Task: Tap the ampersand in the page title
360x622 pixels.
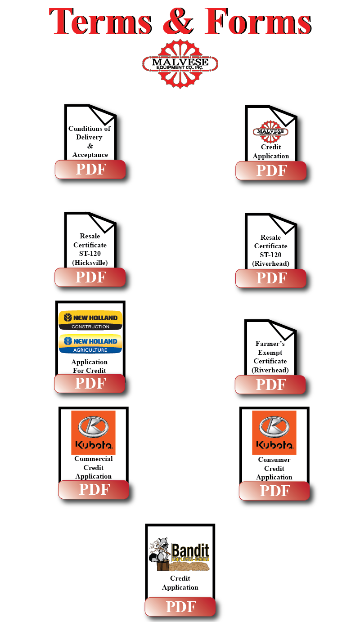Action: tap(179, 22)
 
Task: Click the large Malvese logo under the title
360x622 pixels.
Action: tap(180, 63)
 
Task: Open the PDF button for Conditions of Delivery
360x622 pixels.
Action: tap(90, 170)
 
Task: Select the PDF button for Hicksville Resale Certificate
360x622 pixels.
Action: tap(90, 277)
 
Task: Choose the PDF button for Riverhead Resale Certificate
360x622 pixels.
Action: tap(271, 278)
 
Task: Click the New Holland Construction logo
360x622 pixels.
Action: tap(90, 320)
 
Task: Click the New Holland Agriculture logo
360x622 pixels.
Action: tap(90, 344)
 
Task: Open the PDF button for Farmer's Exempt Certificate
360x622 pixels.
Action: tap(270, 385)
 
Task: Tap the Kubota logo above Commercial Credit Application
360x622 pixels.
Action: tap(94, 432)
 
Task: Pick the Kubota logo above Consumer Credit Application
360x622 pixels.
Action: tap(274, 432)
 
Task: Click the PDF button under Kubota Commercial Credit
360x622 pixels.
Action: tap(94, 490)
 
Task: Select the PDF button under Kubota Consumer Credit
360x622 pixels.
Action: tap(274, 491)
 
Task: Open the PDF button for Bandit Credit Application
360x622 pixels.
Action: tap(180, 607)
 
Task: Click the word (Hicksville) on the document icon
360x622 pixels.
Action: tap(90, 263)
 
